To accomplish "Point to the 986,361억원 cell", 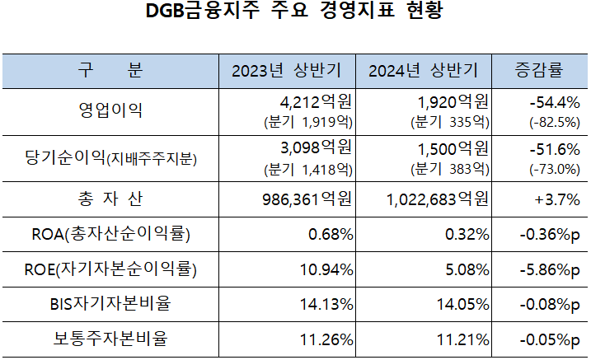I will click(x=305, y=199).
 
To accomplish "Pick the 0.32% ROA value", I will click(x=467, y=235).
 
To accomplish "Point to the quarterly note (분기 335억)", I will click(x=448, y=122).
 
